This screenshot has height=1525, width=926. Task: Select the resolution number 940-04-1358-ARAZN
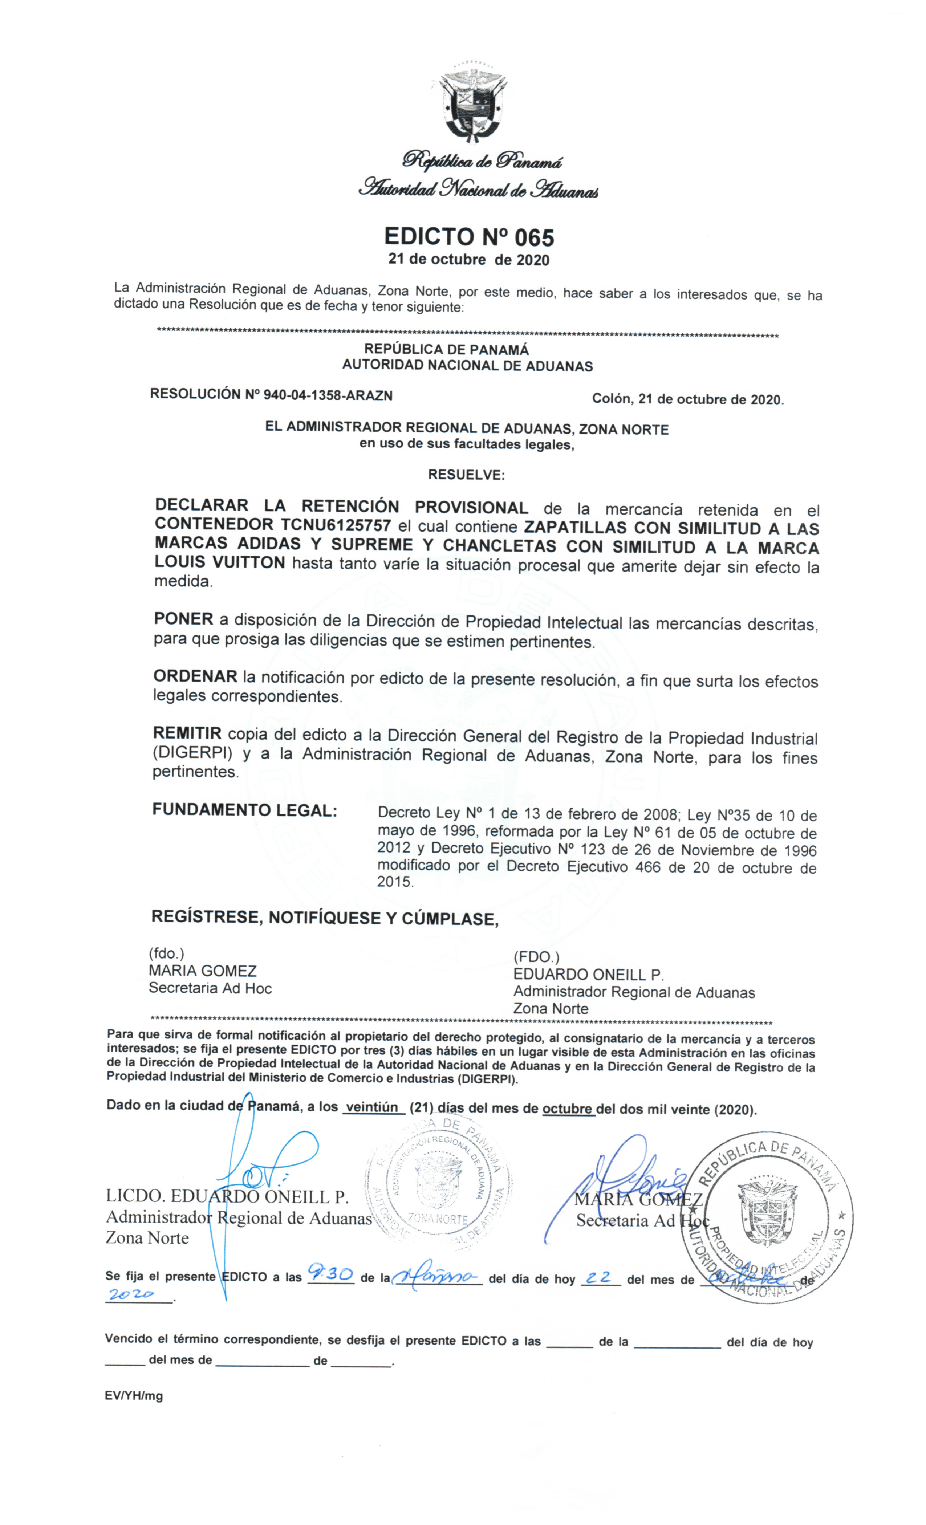coord(328,395)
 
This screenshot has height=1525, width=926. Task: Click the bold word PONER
coord(183,619)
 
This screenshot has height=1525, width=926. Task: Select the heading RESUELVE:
coord(466,475)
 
